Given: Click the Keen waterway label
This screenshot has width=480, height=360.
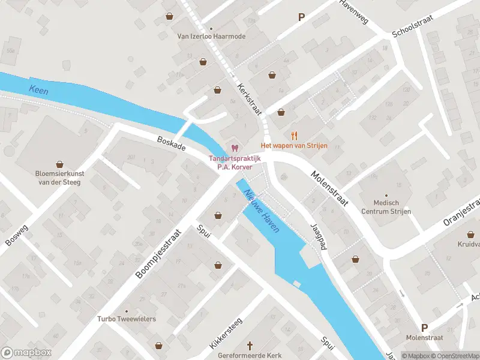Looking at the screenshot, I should [38, 91].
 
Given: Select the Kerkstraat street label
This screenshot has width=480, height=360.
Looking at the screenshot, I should [247, 95].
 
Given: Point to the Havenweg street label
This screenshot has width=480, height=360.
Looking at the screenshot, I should [354, 10].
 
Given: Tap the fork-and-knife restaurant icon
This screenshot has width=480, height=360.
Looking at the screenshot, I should [294, 135].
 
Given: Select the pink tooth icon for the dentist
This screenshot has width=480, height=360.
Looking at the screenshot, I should [235, 148].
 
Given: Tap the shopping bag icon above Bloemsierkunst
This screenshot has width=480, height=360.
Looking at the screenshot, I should [59, 164].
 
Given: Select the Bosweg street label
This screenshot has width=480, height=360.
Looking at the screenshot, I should [16, 235].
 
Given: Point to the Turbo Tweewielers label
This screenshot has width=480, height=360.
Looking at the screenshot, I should [127, 319].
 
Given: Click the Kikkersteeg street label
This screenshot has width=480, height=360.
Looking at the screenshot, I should [225, 334].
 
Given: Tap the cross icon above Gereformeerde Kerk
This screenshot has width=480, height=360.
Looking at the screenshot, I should [251, 346].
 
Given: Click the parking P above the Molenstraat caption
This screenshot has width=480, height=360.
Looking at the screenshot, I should [424, 328].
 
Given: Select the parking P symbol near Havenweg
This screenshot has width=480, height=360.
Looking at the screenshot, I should [301, 17].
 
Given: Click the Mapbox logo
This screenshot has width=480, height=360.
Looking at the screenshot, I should [26, 353].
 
